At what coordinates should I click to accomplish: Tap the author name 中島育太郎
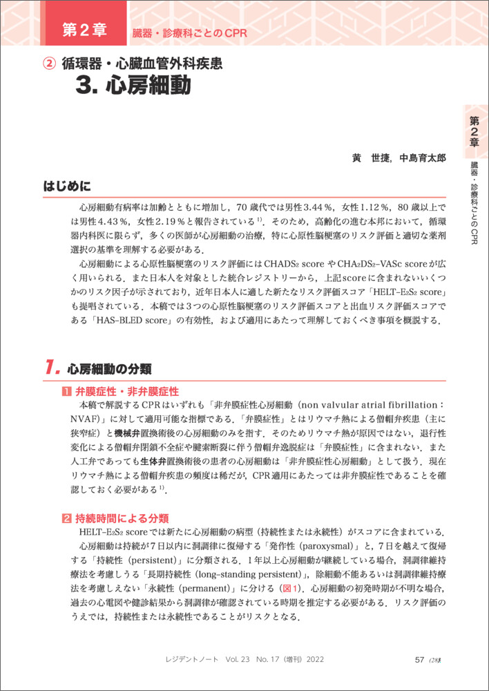tap(423, 158)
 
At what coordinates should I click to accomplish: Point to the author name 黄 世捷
tap(370, 158)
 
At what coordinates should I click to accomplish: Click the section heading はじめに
tap(67, 186)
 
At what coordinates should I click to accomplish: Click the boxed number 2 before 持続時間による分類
tap(66, 518)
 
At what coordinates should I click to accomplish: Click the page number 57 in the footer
tap(419, 660)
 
